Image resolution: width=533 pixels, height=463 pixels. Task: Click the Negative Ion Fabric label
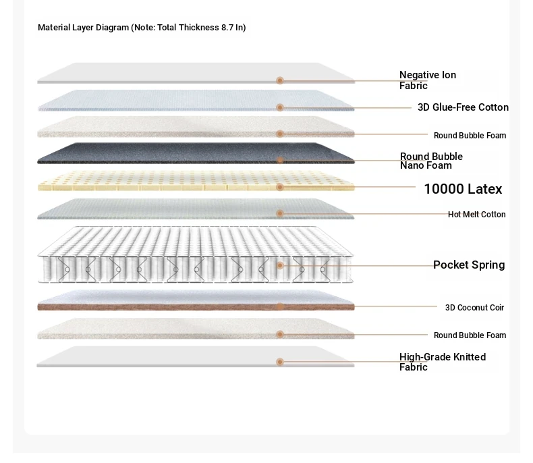(x=428, y=80)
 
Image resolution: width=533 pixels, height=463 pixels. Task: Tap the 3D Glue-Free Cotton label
(x=463, y=107)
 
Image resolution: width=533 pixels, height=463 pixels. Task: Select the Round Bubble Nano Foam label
(x=431, y=161)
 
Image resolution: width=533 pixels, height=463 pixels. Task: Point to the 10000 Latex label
(x=463, y=189)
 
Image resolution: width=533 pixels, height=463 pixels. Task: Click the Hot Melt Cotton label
(x=476, y=215)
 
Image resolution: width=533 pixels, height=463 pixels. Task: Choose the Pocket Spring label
(x=469, y=265)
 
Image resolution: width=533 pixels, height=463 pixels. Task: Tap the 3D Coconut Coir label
(x=474, y=308)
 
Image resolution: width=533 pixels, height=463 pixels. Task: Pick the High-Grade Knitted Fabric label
(x=443, y=362)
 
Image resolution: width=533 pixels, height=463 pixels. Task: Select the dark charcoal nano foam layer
(x=196, y=153)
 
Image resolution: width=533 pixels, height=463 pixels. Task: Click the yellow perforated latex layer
(x=196, y=181)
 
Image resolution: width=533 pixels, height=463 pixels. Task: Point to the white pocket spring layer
(x=196, y=254)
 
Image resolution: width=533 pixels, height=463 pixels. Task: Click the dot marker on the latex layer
(x=280, y=187)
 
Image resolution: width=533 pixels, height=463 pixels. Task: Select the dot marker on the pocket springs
(x=280, y=265)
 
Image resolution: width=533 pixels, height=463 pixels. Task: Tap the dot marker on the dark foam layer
(x=280, y=160)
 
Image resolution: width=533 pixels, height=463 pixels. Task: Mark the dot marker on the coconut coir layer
(x=280, y=306)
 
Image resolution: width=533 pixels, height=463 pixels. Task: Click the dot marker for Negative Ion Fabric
(x=280, y=80)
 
